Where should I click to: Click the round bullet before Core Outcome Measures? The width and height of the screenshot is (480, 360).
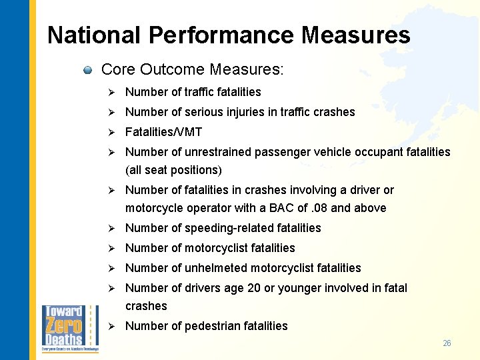point(87,70)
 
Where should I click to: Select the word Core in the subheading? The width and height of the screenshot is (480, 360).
point(118,69)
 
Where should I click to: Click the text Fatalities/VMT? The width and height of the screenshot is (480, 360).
point(163,132)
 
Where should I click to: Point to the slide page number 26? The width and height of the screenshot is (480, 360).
point(447,343)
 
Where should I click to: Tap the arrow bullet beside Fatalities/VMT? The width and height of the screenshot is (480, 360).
point(113,132)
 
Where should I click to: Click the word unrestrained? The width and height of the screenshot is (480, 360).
point(217,152)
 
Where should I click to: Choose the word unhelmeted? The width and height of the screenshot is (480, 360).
point(217,268)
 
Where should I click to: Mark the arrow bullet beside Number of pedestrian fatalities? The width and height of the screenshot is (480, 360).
point(113,326)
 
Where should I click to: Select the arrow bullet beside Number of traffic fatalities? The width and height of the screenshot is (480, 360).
point(113,92)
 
